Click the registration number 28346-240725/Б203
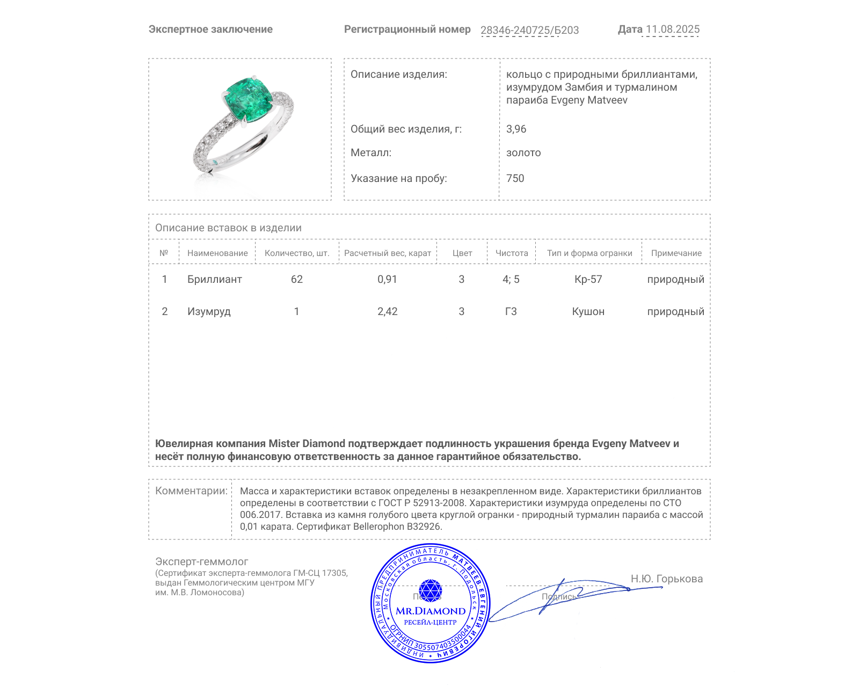[x=529, y=30]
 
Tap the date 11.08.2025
[x=673, y=30]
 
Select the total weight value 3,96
[x=516, y=129]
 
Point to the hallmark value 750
[x=515, y=178]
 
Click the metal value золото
[x=523, y=152]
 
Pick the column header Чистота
[x=512, y=253]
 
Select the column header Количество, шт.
[x=297, y=253]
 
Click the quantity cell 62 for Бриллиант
[x=297, y=279]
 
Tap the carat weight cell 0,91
[x=387, y=279]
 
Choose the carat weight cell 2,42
[x=387, y=311]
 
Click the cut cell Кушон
[x=588, y=311]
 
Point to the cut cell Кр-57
[x=588, y=279]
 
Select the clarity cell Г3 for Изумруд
[x=511, y=311]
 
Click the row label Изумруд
[x=209, y=311]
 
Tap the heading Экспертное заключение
[x=210, y=30]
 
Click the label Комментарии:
[x=191, y=491]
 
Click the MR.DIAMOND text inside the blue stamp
[x=431, y=611]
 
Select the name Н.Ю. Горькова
[x=666, y=579]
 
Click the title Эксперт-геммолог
[x=201, y=561]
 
